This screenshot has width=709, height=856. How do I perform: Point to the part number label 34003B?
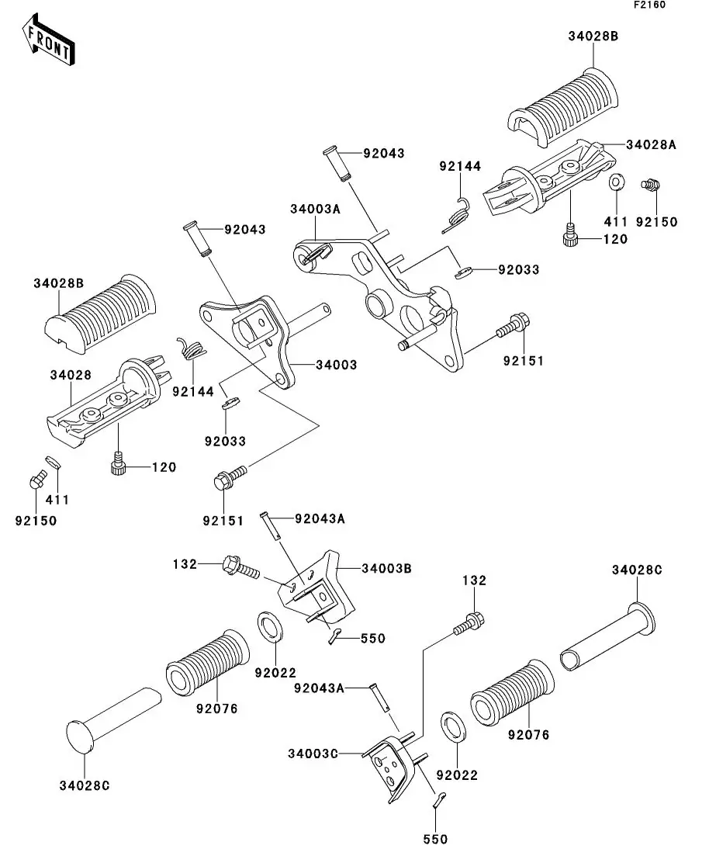[386, 569]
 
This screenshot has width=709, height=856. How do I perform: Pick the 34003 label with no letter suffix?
[336, 365]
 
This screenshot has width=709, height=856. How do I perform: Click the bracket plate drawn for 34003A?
[388, 295]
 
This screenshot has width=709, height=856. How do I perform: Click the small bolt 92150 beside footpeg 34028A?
[650, 185]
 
